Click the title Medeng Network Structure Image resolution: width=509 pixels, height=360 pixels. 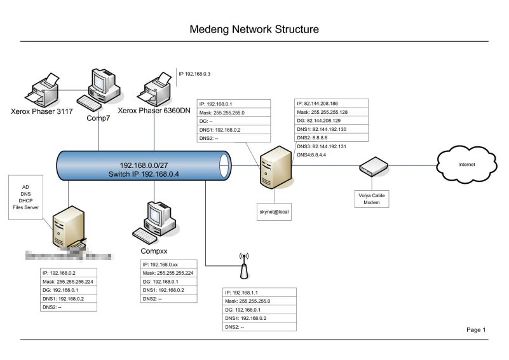pyautogui.click(x=254, y=29)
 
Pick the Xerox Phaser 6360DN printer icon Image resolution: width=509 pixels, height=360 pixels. pyautogui.click(x=155, y=89)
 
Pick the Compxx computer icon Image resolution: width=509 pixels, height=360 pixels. pyautogui.click(x=152, y=222)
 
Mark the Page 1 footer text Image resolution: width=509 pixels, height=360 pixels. pyautogui.click(x=476, y=329)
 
